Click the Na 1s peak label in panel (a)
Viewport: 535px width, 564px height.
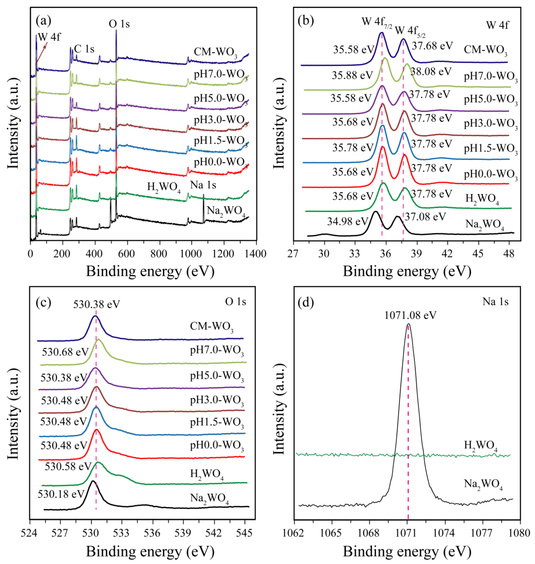[x=203, y=185]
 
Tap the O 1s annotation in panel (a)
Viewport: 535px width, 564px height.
[x=119, y=24]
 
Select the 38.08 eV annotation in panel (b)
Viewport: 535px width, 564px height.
[x=431, y=71]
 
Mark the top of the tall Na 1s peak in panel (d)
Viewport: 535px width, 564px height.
[x=409, y=324]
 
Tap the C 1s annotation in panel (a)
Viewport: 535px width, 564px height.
[x=84, y=49]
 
